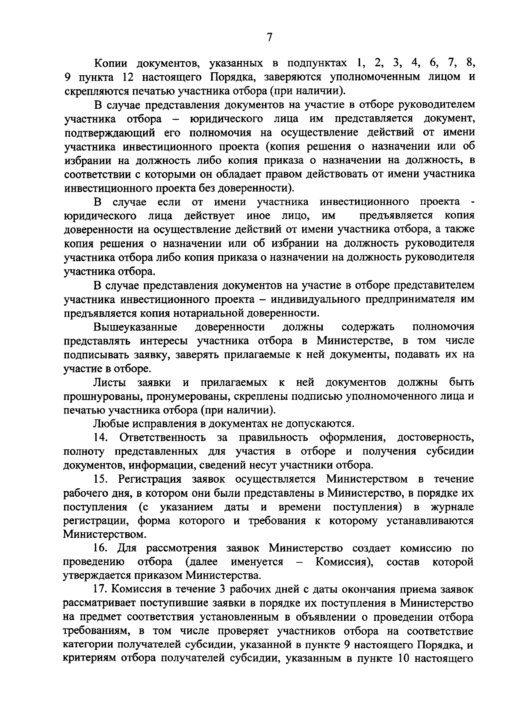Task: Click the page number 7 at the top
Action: pyautogui.click(x=269, y=38)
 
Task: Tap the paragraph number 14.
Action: pyautogui.click(x=100, y=438)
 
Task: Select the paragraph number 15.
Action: pyautogui.click(x=100, y=479)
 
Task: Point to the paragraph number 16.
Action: pyautogui.click(x=100, y=549)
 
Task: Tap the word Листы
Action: pyautogui.click(x=109, y=382)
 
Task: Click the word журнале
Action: pyautogui.click(x=452, y=507)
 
